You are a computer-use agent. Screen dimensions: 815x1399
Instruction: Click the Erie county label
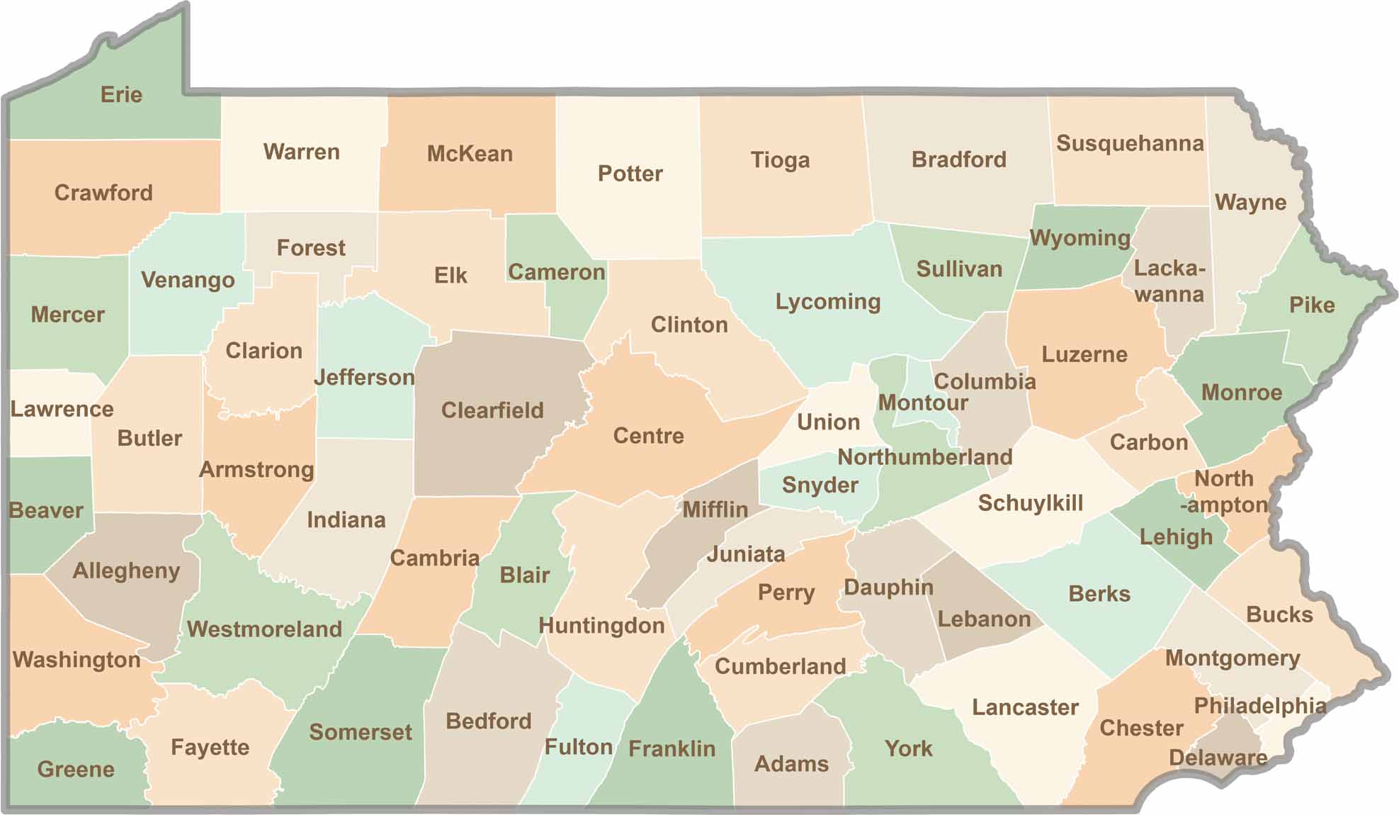point(121,95)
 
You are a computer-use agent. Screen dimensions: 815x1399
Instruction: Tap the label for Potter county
point(630,174)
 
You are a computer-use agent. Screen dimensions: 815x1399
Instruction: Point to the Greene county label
point(76,769)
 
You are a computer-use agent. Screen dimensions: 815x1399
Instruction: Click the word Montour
point(923,403)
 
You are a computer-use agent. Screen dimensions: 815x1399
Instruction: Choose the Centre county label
point(648,435)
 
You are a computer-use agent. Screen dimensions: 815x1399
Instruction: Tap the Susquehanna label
point(1130,143)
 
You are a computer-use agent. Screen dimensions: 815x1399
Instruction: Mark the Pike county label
point(1312,305)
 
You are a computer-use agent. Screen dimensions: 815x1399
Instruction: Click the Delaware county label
point(1218,758)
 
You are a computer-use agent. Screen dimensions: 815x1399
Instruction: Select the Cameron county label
point(557,272)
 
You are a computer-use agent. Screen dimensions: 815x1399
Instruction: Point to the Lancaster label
point(1025,707)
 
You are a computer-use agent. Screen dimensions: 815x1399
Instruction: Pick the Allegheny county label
point(126,570)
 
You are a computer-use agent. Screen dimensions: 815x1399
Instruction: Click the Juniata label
point(746,553)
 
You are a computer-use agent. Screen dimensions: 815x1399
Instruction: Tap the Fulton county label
point(579,747)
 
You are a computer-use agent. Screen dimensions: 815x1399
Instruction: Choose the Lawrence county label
point(62,409)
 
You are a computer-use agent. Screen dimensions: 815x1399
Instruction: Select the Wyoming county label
point(1080,238)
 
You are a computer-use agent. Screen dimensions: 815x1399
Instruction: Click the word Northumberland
point(925,457)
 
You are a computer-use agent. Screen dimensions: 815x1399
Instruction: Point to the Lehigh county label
point(1176,537)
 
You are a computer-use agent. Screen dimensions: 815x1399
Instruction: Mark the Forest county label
point(311,248)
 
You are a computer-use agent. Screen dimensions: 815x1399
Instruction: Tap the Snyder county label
point(820,485)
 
